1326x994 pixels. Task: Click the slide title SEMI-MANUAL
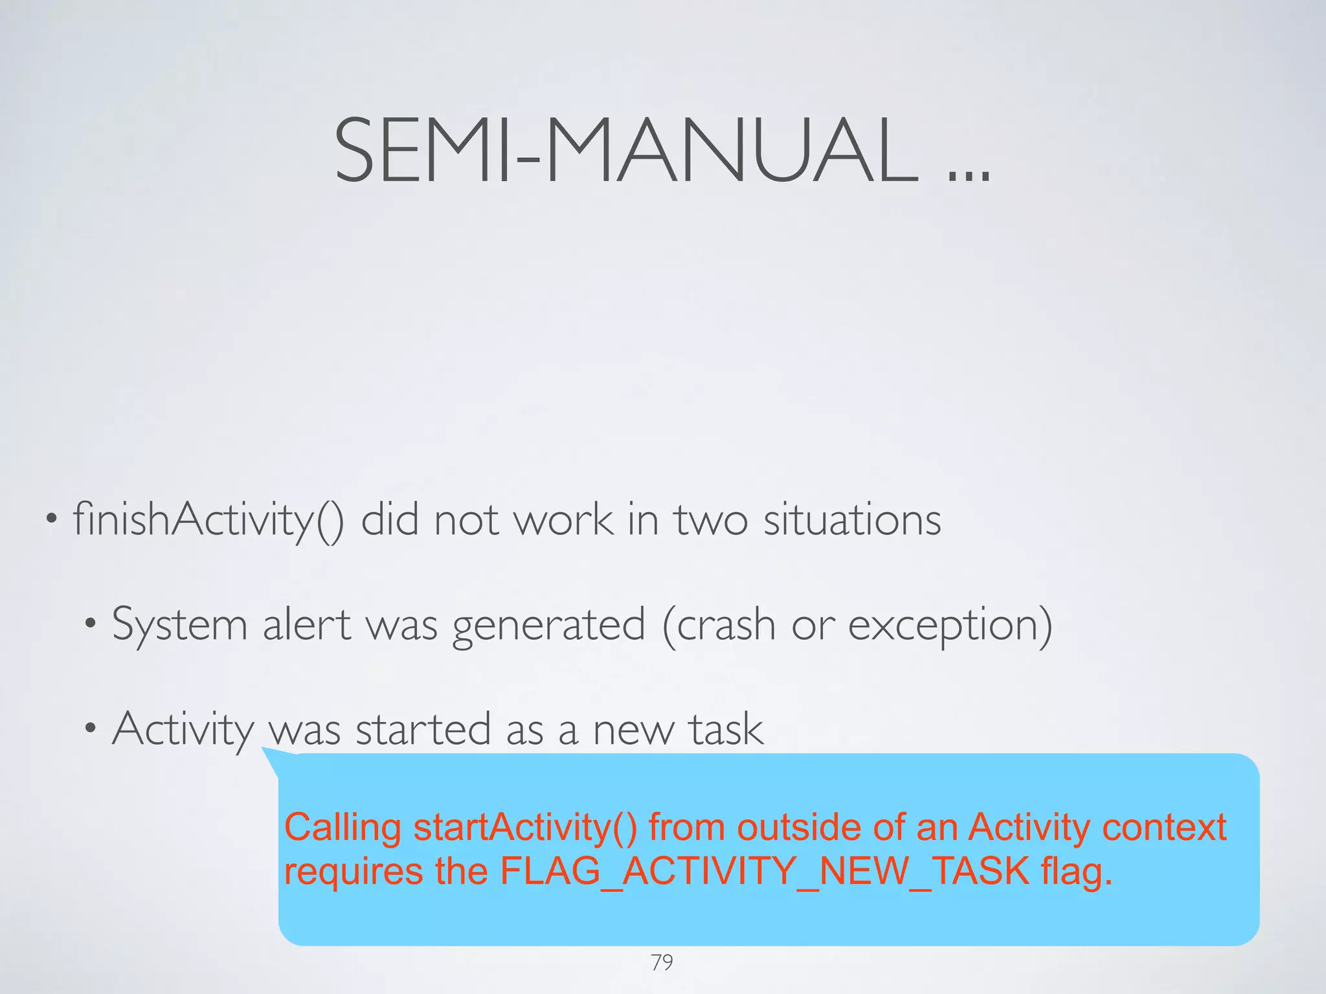pos(625,151)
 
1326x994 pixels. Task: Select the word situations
pos(852,520)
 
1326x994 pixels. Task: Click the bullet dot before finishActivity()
pos(52,520)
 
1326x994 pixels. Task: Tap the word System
pos(179,626)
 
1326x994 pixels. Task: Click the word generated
pos(548,626)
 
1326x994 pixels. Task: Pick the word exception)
pos(950,626)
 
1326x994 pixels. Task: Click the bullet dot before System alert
pos(91,624)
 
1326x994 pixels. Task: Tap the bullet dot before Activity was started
pos(91,729)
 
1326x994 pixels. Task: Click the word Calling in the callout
pos(343,828)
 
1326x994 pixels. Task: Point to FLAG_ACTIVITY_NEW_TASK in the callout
pos(765,871)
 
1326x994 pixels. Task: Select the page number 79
pos(662,963)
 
